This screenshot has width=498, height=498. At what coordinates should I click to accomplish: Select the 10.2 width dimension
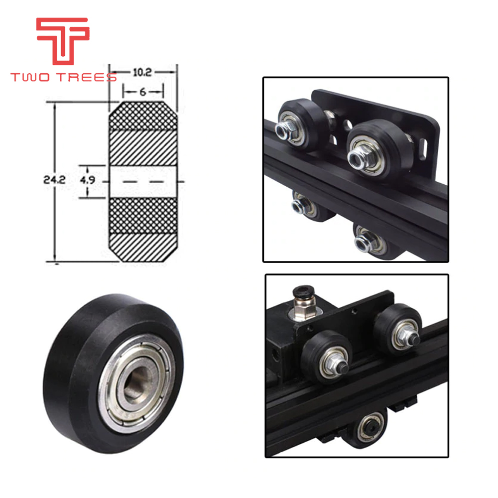click(x=142, y=72)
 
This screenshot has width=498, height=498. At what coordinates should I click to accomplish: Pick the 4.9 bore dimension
click(x=88, y=180)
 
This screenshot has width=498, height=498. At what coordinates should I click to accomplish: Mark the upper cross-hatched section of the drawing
click(x=143, y=116)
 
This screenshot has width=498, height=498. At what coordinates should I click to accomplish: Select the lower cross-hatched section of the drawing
click(x=143, y=216)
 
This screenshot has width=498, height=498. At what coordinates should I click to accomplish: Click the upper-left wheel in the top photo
click(x=299, y=124)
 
